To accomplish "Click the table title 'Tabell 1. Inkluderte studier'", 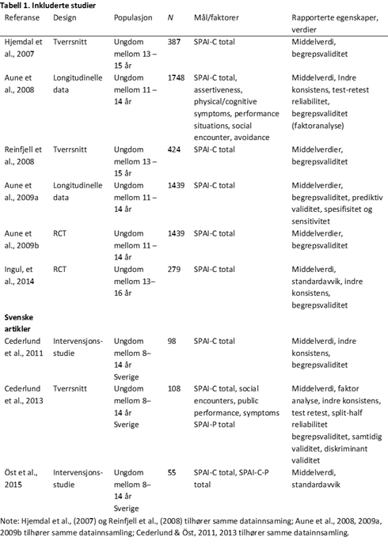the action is click(x=46, y=6).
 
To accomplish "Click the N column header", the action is click(x=171, y=17).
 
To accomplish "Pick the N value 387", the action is click(x=175, y=39).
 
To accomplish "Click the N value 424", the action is click(x=175, y=148).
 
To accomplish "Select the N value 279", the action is click(x=175, y=270).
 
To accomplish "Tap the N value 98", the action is click(x=173, y=341).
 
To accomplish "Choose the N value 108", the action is click(x=175, y=388).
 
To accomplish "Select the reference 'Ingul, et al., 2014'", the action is click(x=24, y=275).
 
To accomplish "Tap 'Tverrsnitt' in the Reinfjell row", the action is click(x=71, y=148).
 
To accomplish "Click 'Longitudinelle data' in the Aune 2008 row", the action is click(x=78, y=84).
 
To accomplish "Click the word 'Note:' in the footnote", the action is click(x=13, y=520).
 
